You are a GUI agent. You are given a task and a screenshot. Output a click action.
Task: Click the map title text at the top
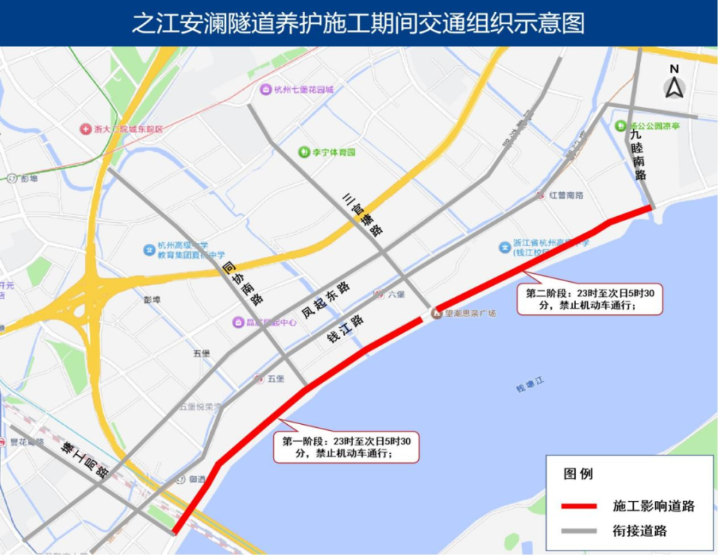[x=358, y=23]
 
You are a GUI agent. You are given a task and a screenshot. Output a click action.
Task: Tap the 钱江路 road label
[x=346, y=330]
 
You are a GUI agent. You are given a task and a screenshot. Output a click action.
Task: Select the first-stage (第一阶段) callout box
[x=346, y=447]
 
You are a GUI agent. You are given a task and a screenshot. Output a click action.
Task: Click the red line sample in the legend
[x=579, y=506]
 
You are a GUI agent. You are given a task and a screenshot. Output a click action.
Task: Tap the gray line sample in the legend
[x=579, y=531]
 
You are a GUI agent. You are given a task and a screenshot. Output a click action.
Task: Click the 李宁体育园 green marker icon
[x=304, y=152]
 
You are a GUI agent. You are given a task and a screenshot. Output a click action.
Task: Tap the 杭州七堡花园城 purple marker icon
[x=266, y=90]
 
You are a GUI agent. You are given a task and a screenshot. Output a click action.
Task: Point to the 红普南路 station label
[x=565, y=195]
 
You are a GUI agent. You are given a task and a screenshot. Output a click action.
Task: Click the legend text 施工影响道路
[x=654, y=506]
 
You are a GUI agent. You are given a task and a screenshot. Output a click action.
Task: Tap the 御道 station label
[x=197, y=479]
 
